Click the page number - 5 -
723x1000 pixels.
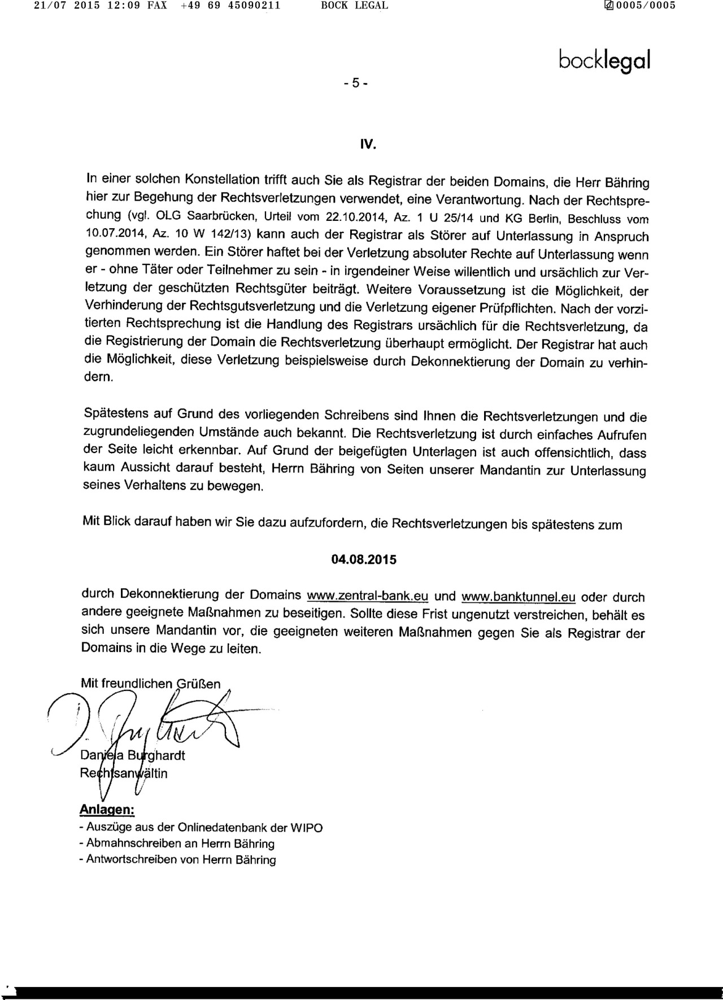click(x=356, y=83)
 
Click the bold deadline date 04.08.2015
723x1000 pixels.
click(x=364, y=560)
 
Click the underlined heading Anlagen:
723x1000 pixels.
click(x=107, y=809)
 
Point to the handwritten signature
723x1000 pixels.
click(x=147, y=723)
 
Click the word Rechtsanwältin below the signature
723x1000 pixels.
click(x=124, y=773)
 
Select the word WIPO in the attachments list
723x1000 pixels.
click(x=306, y=828)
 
